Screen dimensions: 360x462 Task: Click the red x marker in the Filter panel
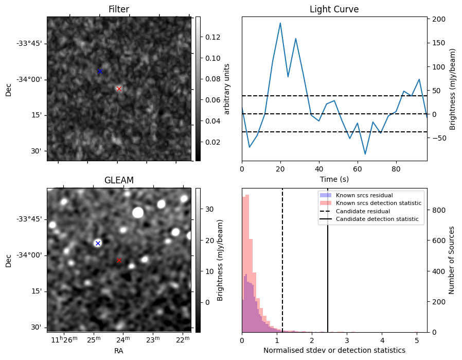coord(119,89)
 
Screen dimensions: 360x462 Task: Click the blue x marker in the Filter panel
coord(100,71)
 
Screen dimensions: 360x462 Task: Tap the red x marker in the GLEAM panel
coord(119,260)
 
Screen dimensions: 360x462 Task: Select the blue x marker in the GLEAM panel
coord(98,243)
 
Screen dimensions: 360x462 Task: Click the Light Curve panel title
coord(334,10)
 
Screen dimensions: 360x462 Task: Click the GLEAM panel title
coord(119,180)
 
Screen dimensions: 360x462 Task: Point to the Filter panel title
coord(119,10)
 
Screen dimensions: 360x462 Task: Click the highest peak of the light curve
coord(280,23)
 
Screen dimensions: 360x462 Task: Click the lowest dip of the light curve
coord(365,154)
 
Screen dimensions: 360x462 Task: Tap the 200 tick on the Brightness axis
coord(438,19)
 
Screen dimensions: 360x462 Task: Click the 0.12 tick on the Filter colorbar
coord(206,37)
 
